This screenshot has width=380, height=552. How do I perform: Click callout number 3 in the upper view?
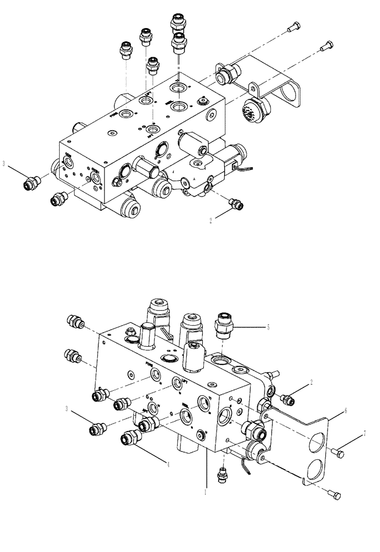4,163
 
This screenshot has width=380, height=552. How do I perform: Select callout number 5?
268,327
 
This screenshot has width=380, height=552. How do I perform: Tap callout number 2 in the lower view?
312,381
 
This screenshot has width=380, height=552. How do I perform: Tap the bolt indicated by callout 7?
338,453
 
